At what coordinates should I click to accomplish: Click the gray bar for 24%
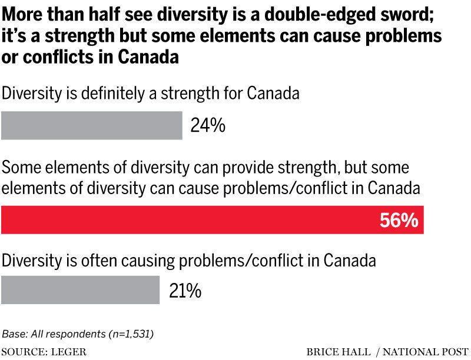point(92,126)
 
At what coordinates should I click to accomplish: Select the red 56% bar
point(212,220)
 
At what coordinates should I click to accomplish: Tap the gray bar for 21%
point(81,290)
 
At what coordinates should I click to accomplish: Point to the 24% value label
point(208,126)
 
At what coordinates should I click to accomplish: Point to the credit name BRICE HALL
point(339,352)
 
